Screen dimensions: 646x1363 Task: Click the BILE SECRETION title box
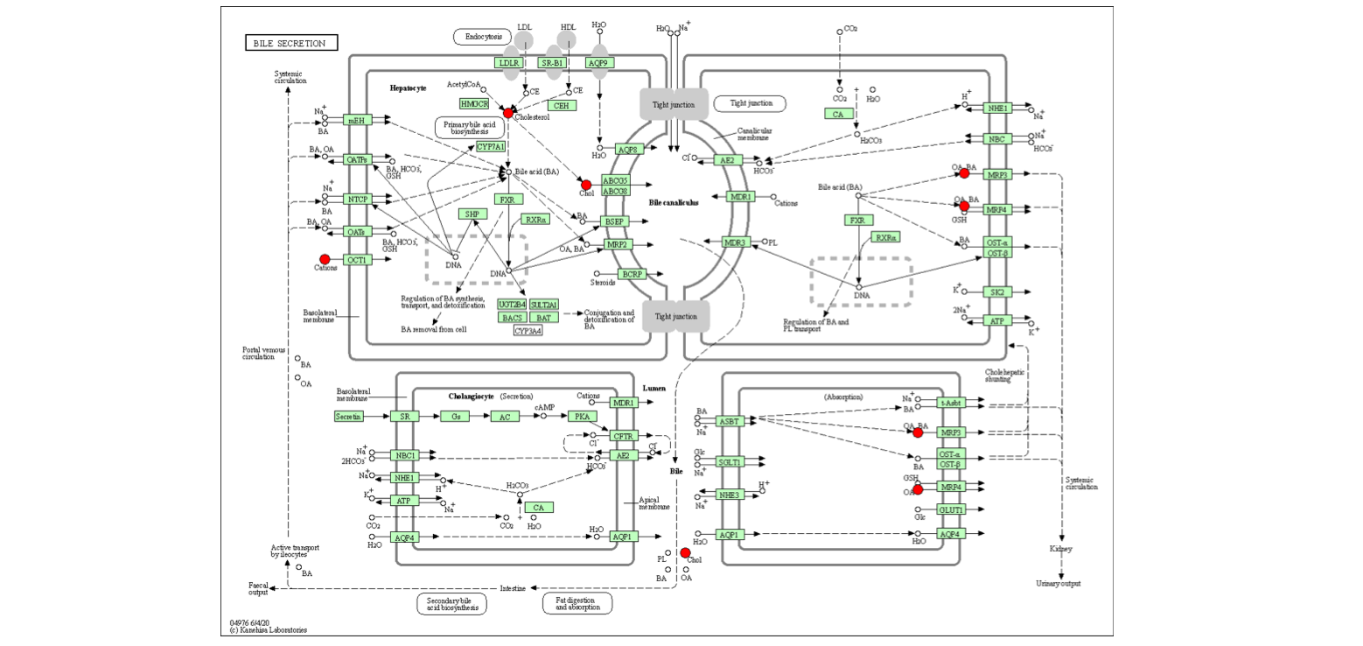(290, 43)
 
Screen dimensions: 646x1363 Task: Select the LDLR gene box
(509, 63)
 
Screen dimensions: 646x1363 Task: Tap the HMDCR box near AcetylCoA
(474, 103)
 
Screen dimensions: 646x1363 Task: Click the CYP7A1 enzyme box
(491, 146)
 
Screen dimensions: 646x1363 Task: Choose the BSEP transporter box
(614, 221)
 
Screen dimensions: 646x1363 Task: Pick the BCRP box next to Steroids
(632, 274)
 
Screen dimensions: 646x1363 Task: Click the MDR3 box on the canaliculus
(737, 242)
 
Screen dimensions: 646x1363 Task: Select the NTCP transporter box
(358, 200)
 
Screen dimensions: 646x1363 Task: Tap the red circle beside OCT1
(325, 259)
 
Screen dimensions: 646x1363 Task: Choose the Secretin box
(348, 417)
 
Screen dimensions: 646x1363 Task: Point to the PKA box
(580, 417)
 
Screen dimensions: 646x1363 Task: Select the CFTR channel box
(624, 435)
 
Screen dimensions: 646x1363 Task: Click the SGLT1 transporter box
(730, 461)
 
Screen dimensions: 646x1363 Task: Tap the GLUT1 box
(951, 509)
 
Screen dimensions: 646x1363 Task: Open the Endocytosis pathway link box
(482, 37)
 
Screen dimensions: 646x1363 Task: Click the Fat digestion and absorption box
(577, 603)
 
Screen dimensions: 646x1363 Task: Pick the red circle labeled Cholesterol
(508, 112)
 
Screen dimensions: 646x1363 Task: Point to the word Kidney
(1060, 549)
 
